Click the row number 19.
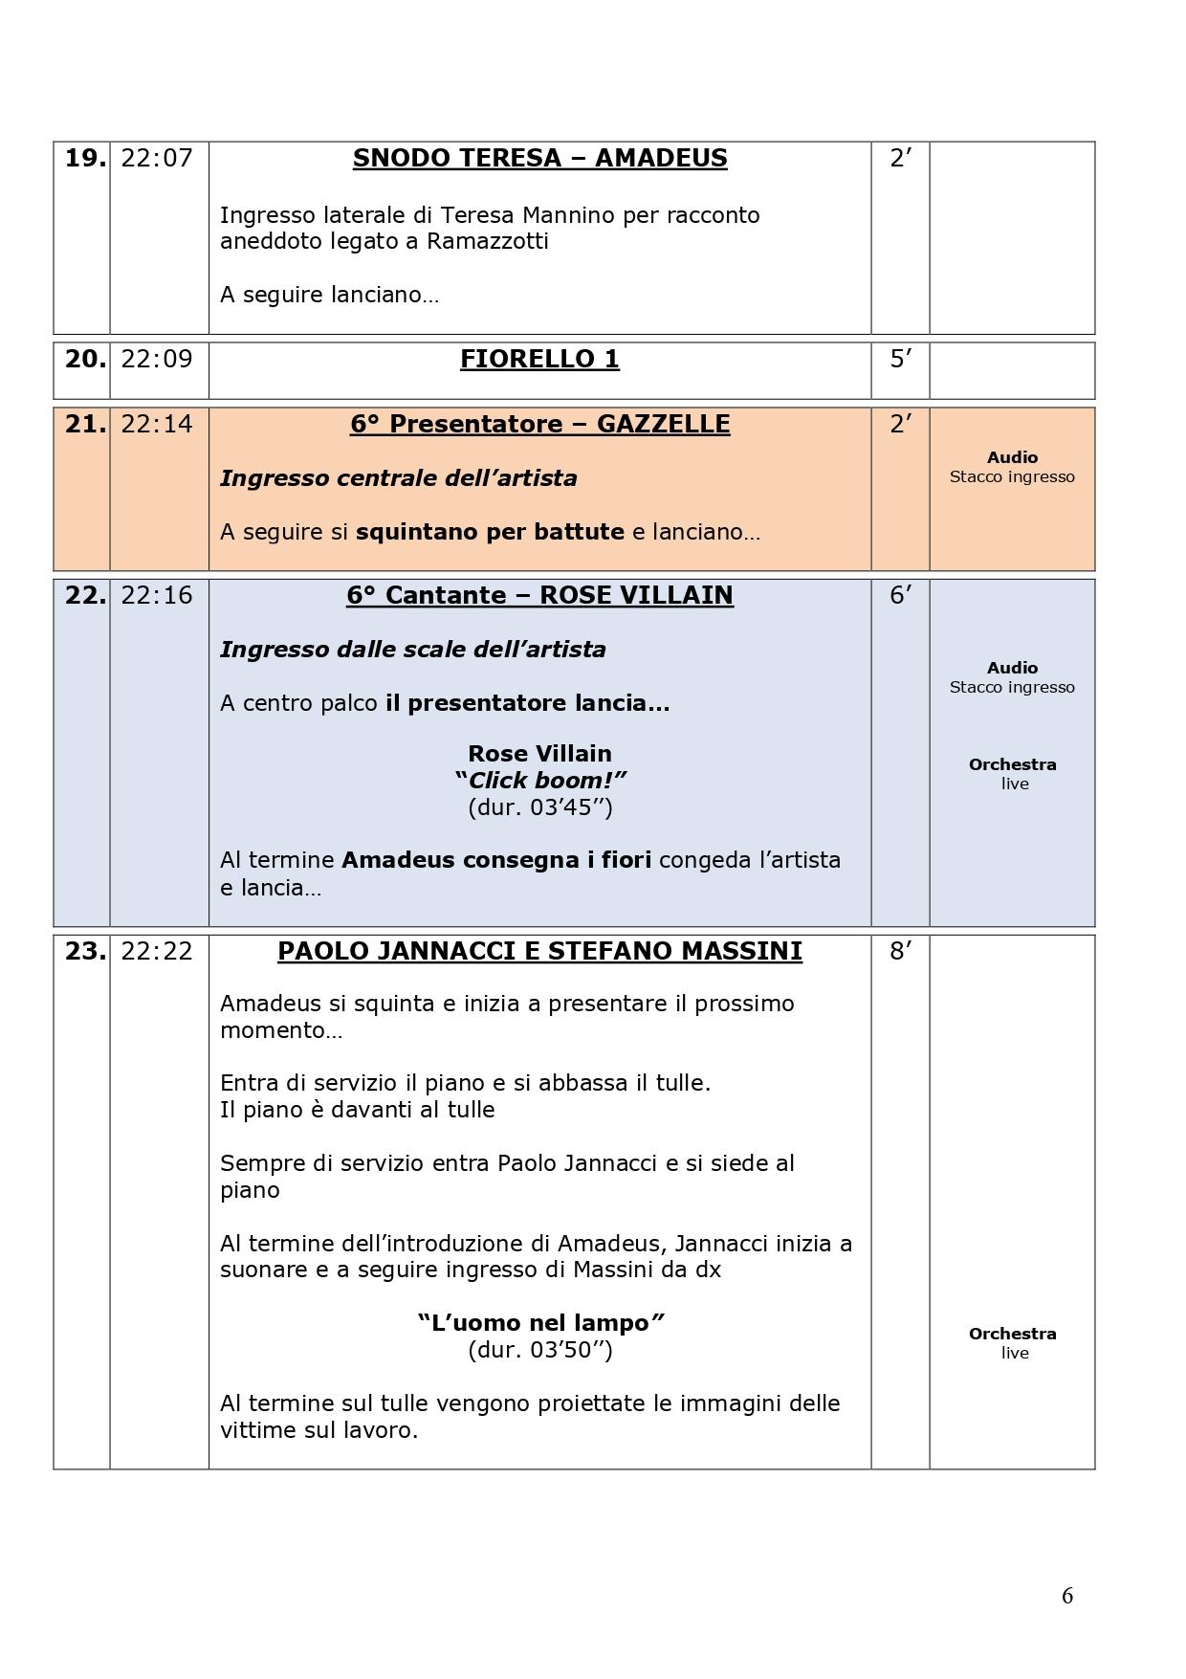[x=84, y=158]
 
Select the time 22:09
[x=157, y=359]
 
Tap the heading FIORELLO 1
[x=539, y=359]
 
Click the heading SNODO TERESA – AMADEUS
[x=539, y=158]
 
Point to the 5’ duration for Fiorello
[x=900, y=359]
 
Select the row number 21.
[x=84, y=424]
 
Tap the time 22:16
[x=157, y=595]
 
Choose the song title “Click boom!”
[x=539, y=780]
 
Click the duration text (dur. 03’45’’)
[x=539, y=806]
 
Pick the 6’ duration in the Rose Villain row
[x=900, y=595]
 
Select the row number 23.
[x=84, y=951]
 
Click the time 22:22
[x=157, y=951]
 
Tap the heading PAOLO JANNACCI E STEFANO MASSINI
[x=539, y=951]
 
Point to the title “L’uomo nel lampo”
[x=539, y=1323]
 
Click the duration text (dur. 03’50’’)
[x=539, y=1350]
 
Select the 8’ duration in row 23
[x=900, y=951]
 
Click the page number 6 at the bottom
[x=1067, y=1596]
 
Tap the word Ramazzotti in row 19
[x=487, y=241]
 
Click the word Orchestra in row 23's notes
[x=1012, y=1334]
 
